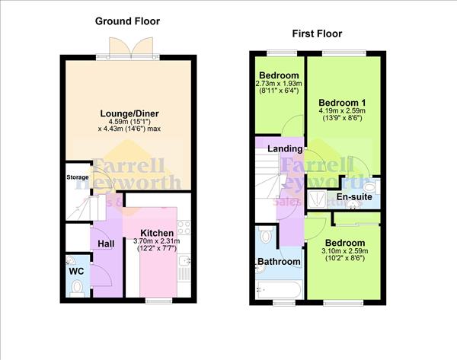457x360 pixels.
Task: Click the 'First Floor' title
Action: (317, 33)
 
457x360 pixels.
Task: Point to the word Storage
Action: (76, 177)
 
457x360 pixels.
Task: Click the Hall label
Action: (106, 243)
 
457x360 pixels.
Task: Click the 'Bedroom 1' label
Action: (342, 102)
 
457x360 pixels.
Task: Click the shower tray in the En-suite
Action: (317, 198)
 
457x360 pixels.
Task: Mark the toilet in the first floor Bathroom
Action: (264, 234)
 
